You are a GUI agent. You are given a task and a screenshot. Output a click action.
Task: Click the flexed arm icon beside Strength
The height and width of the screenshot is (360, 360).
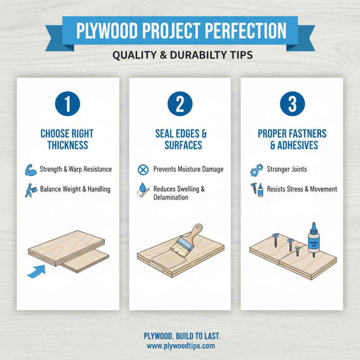[30, 170]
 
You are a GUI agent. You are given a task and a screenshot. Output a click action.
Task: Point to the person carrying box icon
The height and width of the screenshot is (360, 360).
[30, 189]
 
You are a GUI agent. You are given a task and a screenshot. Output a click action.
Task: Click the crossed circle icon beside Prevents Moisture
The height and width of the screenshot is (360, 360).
[142, 170]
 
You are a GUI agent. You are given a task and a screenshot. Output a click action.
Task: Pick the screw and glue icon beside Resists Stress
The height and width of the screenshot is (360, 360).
[255, 189]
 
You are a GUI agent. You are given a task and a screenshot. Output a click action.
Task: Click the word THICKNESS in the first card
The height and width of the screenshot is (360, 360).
[68, 145]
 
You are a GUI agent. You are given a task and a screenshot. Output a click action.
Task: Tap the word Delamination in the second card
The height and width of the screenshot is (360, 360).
[171, 198]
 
